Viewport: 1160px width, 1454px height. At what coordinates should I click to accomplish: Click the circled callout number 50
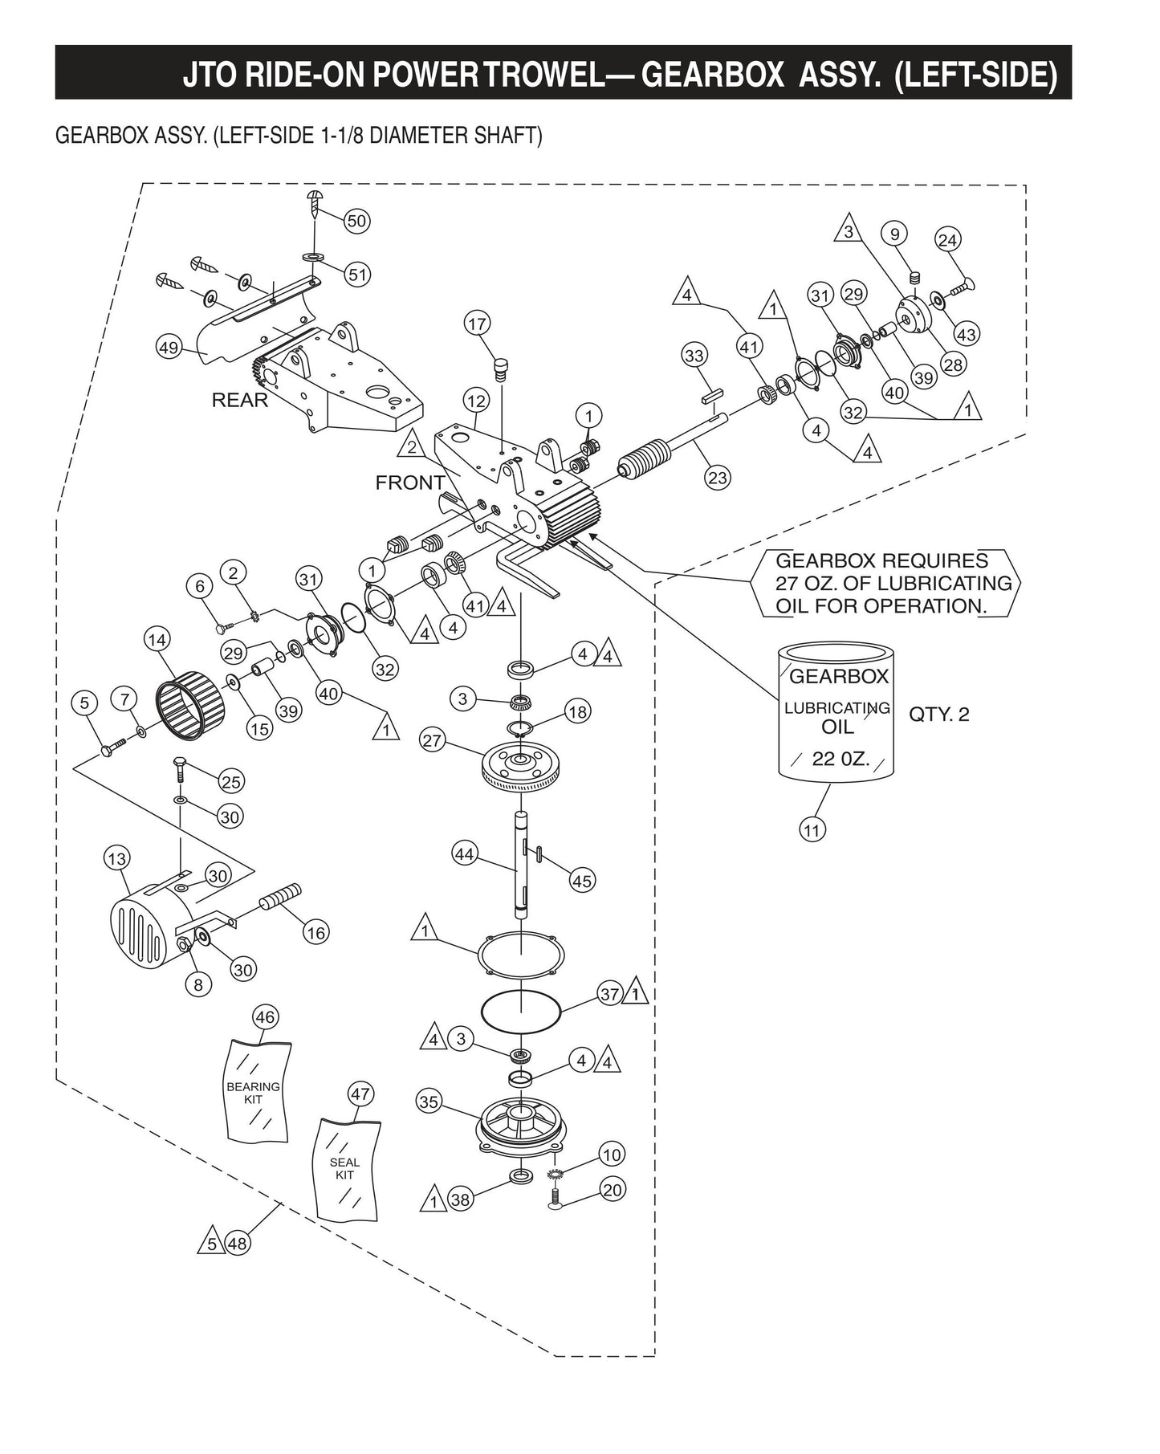[356, 221]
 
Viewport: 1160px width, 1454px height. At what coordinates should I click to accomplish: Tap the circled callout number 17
[477, 324]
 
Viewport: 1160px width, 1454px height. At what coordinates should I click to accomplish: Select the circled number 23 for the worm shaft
[717, 478]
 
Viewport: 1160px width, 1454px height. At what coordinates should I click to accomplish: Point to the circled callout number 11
[812, 829]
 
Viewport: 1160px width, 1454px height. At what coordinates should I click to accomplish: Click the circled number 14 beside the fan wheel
[157, 640]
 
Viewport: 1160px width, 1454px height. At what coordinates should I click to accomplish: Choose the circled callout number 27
[433, 740]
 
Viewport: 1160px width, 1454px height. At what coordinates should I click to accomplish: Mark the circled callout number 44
[465, 854]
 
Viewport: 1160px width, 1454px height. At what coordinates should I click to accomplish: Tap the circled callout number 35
[429, 1102]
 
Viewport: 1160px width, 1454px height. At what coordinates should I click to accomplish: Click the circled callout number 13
[117, 859]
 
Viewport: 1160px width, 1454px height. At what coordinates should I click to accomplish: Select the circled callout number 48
[238, 1243]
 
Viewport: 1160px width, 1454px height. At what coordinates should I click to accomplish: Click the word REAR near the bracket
[239, 400]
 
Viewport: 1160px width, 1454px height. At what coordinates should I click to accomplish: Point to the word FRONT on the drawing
[410, 483]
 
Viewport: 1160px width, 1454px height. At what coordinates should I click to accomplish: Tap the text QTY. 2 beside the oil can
[938, 714]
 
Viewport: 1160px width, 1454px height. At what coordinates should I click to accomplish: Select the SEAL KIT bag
[345, 1169]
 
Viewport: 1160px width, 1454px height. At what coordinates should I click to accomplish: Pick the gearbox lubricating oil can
[836, 711]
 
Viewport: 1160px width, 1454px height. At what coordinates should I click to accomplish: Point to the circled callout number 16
[316, 932]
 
